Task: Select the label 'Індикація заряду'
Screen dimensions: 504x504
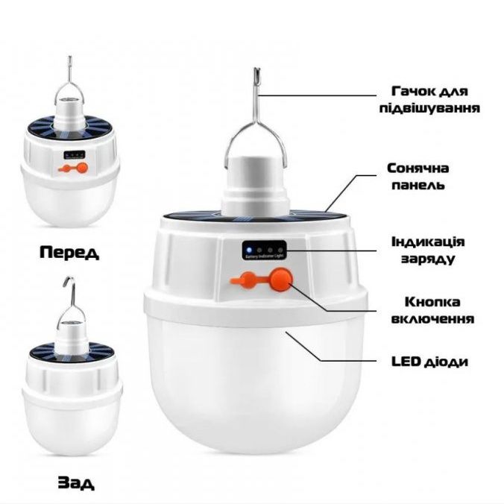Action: tap(428, 251)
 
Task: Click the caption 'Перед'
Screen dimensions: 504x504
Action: tap(69, 252)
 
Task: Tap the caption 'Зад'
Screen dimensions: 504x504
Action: tap(76, 483)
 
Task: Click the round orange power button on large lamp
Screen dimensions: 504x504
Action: tap(280, 280)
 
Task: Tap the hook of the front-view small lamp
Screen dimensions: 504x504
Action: tap(70, 64)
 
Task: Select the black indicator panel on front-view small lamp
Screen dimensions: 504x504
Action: tap(72, 155)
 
